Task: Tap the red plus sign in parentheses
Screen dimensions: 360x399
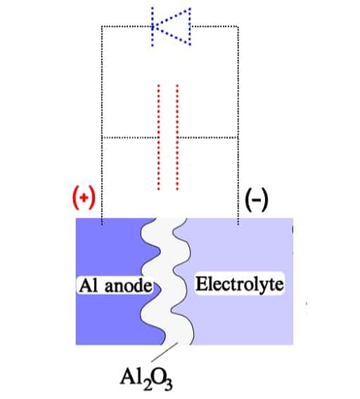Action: (84, 198)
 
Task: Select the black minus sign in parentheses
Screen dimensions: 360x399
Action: (257, 199)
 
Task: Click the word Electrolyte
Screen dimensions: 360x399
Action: (240, 284)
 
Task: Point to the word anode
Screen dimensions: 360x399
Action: (129, 286)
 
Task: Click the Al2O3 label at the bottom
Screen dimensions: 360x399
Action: (146, 379)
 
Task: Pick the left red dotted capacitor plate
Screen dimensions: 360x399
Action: (159, 138)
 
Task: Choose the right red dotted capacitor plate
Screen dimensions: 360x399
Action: (177, 138)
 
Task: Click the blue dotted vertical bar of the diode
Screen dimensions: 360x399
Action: (153, 27)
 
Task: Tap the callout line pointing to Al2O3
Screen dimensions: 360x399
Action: (165, 352)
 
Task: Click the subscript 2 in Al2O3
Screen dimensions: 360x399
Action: (147, 385)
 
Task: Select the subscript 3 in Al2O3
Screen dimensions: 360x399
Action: (168, 385)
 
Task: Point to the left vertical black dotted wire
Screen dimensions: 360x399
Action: (102, 125)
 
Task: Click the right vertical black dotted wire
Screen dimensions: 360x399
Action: (238, 125)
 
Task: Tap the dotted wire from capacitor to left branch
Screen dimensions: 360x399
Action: (130, 138)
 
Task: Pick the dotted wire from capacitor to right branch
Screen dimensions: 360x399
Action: (207, 138)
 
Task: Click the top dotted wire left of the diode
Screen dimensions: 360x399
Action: (127, 26)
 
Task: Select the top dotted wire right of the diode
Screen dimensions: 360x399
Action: (214, 26)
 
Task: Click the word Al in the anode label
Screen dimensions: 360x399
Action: (88, 285)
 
